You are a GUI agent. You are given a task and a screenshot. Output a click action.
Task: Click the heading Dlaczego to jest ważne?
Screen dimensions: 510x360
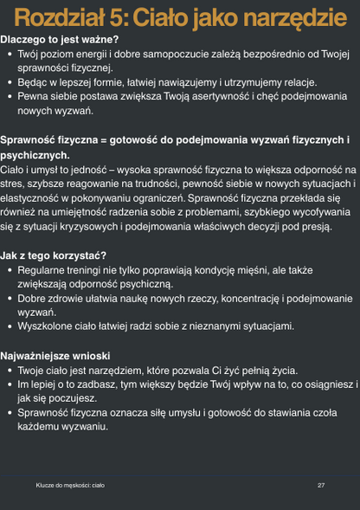point(60,40)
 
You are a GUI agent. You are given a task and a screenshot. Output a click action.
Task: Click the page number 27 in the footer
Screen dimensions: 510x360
point(321,485)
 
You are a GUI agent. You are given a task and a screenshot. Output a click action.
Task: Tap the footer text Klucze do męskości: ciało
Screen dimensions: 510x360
point(70,485)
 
